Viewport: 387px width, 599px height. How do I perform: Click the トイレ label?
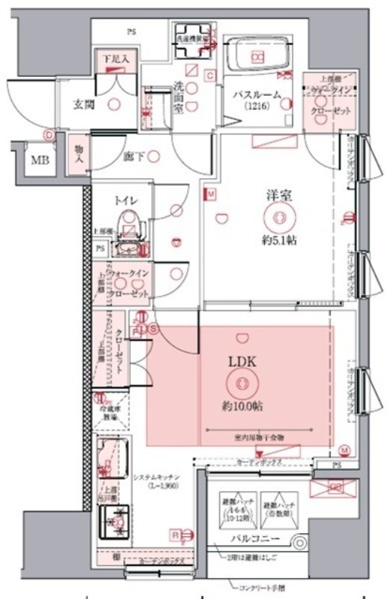tap(125, 200)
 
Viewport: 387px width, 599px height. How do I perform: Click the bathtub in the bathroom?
tap(258, 56)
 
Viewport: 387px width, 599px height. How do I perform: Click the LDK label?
tap(242, 361)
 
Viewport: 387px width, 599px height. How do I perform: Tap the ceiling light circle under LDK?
tap(242, 384)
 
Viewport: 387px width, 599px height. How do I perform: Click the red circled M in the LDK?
tap(344, 449)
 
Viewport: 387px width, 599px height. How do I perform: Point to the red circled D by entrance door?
tap(48, 136)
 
